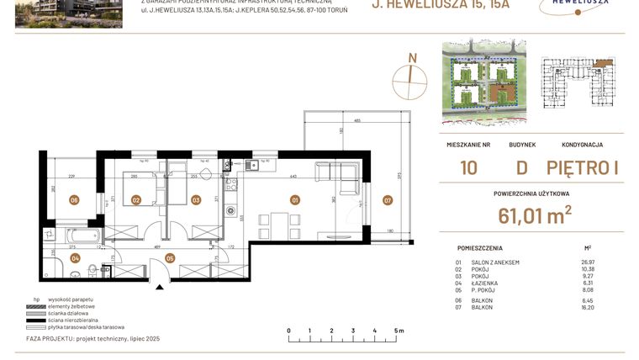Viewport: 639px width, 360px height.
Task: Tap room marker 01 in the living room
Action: click(x=294, y=200)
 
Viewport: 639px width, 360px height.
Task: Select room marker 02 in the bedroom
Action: click(x=135, y=200)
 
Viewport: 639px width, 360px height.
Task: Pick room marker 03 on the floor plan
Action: click(x=195, y=200)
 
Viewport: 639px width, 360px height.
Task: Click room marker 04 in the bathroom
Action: click(x=75, y=258)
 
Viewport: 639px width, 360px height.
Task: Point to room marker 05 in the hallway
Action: click(x=170, y=258)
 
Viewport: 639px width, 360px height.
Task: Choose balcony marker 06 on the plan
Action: click(x=75, y=200)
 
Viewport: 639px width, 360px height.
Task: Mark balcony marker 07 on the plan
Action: click(x=387, y=200)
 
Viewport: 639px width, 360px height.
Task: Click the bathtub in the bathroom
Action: click(x=83, y=234)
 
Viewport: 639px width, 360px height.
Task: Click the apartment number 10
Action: click(x=468, y=167)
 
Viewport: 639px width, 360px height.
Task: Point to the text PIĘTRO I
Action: click(x=582, y=167)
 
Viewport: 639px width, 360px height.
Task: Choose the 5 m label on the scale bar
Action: click(x=398, y=331)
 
